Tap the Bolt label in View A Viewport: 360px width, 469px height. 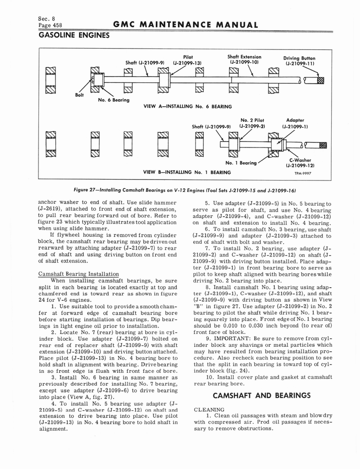pyautogui.click(x=79, y=95)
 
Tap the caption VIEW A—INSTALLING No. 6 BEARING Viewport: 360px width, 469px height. pyautogui.click(x=187, y=106)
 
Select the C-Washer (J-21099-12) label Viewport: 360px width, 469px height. pyautogui.click(x=300, y=163)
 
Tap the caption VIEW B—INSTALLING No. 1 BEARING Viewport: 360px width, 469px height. pyautogui.click(x=187, y=172)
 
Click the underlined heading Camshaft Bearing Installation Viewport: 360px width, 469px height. pyautogui.click(x=78, y=274)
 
